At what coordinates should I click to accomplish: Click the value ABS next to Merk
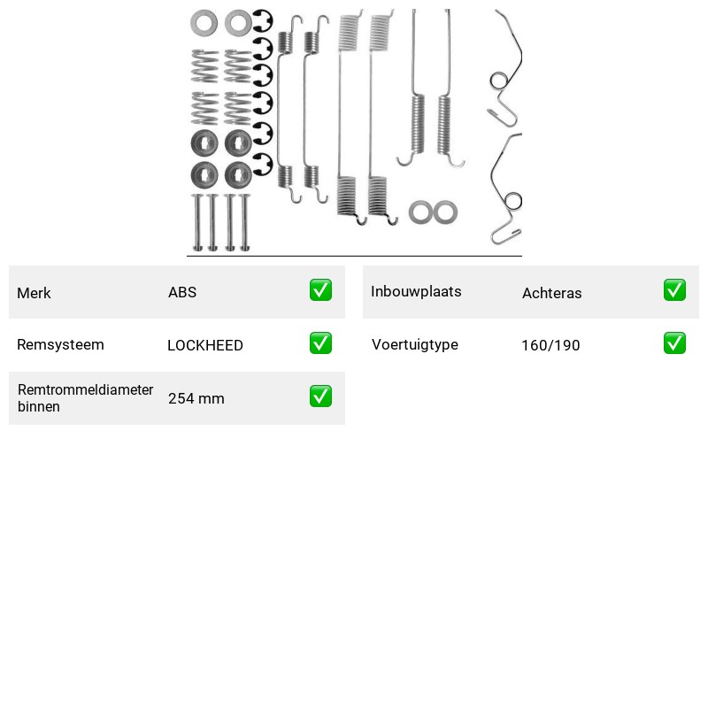click(x=182, y=292)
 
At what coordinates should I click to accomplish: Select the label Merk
click(x=34, y=293)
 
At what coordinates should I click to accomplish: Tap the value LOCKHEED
click(x=205, y=345)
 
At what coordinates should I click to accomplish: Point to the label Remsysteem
click(x=60, y=344)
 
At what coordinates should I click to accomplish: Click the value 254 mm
click(x=196, y=398)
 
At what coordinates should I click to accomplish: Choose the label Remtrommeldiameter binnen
click(x=85, y=397)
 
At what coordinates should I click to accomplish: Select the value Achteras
click(x=551, y=293)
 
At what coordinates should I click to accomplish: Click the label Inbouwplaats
click(x=416, y=292)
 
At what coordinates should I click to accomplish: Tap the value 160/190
click(x=550, y=345)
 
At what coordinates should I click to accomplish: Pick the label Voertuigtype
click(x=415, y=345)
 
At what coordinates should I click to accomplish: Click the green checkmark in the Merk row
click(x=320, y=290)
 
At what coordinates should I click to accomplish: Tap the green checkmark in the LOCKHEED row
click(x=320, y=343)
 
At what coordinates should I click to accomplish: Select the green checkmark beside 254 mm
click(x=320, y=396)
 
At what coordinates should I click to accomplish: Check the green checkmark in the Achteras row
click(x=674, y=290)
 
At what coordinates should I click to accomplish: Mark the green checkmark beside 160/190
click(x=674, y=343)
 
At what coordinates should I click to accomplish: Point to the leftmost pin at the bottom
click(x=197, y=222)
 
